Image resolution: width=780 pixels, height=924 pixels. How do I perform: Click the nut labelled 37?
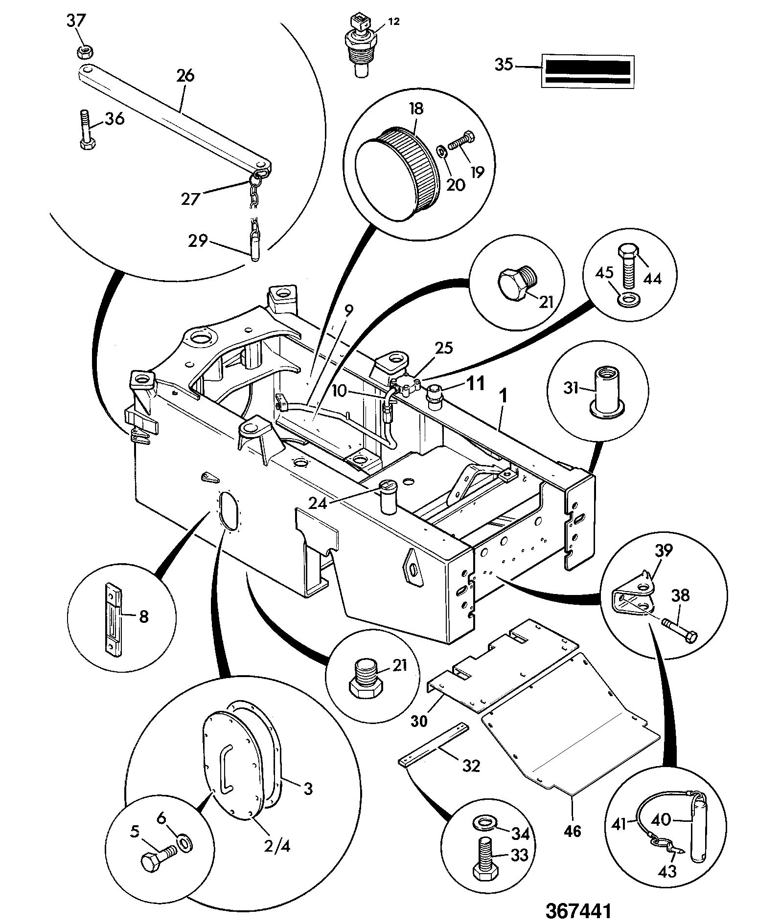87,50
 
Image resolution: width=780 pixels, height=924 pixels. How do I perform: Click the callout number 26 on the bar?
185,75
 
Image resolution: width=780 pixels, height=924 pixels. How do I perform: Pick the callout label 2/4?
277,845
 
